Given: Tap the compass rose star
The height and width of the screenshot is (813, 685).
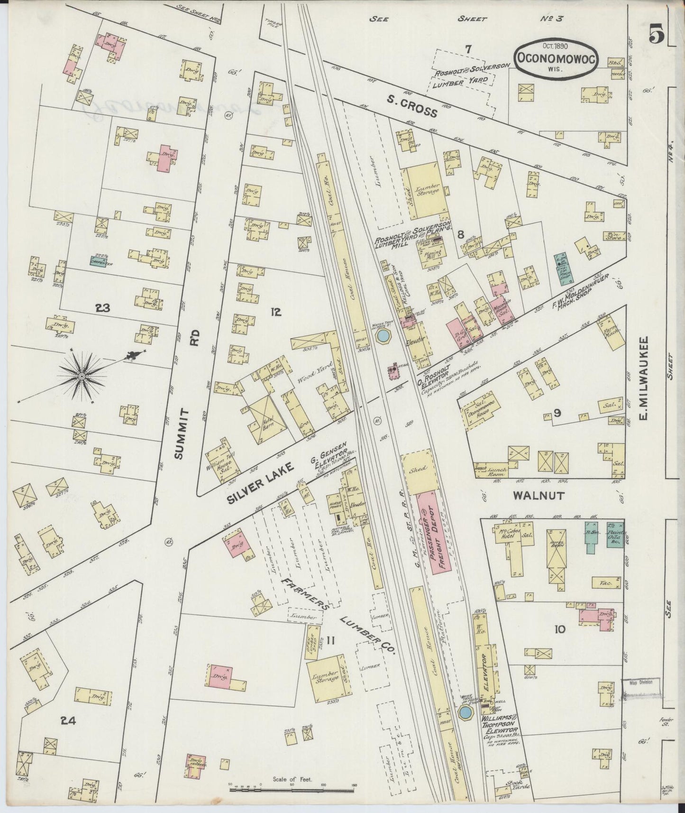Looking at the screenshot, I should point(82,376).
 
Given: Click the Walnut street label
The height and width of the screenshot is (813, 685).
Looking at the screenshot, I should point(539,496).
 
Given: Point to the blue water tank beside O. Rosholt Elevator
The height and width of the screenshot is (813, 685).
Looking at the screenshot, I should point(382,336).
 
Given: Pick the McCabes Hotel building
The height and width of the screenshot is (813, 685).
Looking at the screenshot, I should point(511,537).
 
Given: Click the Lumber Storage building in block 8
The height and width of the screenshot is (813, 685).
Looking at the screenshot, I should point(426,187).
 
